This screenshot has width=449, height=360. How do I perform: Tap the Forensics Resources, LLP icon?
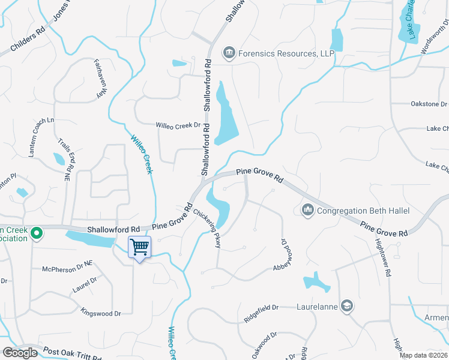tap(228, 53)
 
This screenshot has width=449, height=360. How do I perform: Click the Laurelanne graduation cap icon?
tap(346, 306)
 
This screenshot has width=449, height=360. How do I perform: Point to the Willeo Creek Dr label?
tap(178, 125)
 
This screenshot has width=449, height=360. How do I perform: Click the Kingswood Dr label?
tap(101, 312)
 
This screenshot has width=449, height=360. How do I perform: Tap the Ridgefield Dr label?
tap(261, 308)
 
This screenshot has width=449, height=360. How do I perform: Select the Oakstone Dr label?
tap(429, 104)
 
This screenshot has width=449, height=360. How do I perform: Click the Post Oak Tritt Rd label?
tap(72, 354)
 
